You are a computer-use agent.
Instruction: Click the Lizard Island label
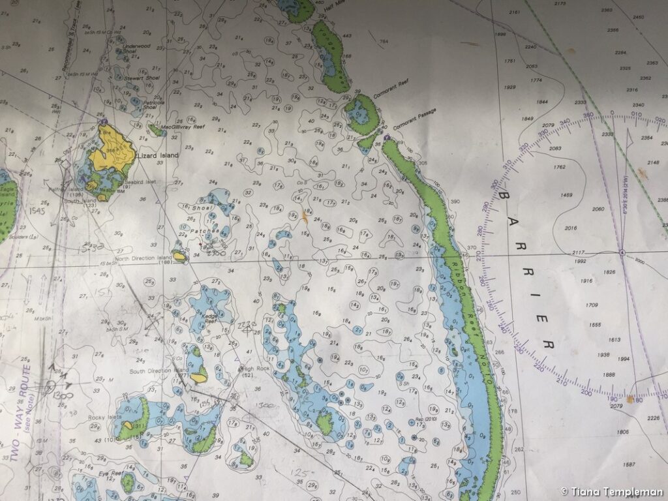click(x=155, y=157)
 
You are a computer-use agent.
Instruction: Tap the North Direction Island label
click(x=143, y=258)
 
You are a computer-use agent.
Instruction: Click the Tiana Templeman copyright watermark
click(x=612, y=492)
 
